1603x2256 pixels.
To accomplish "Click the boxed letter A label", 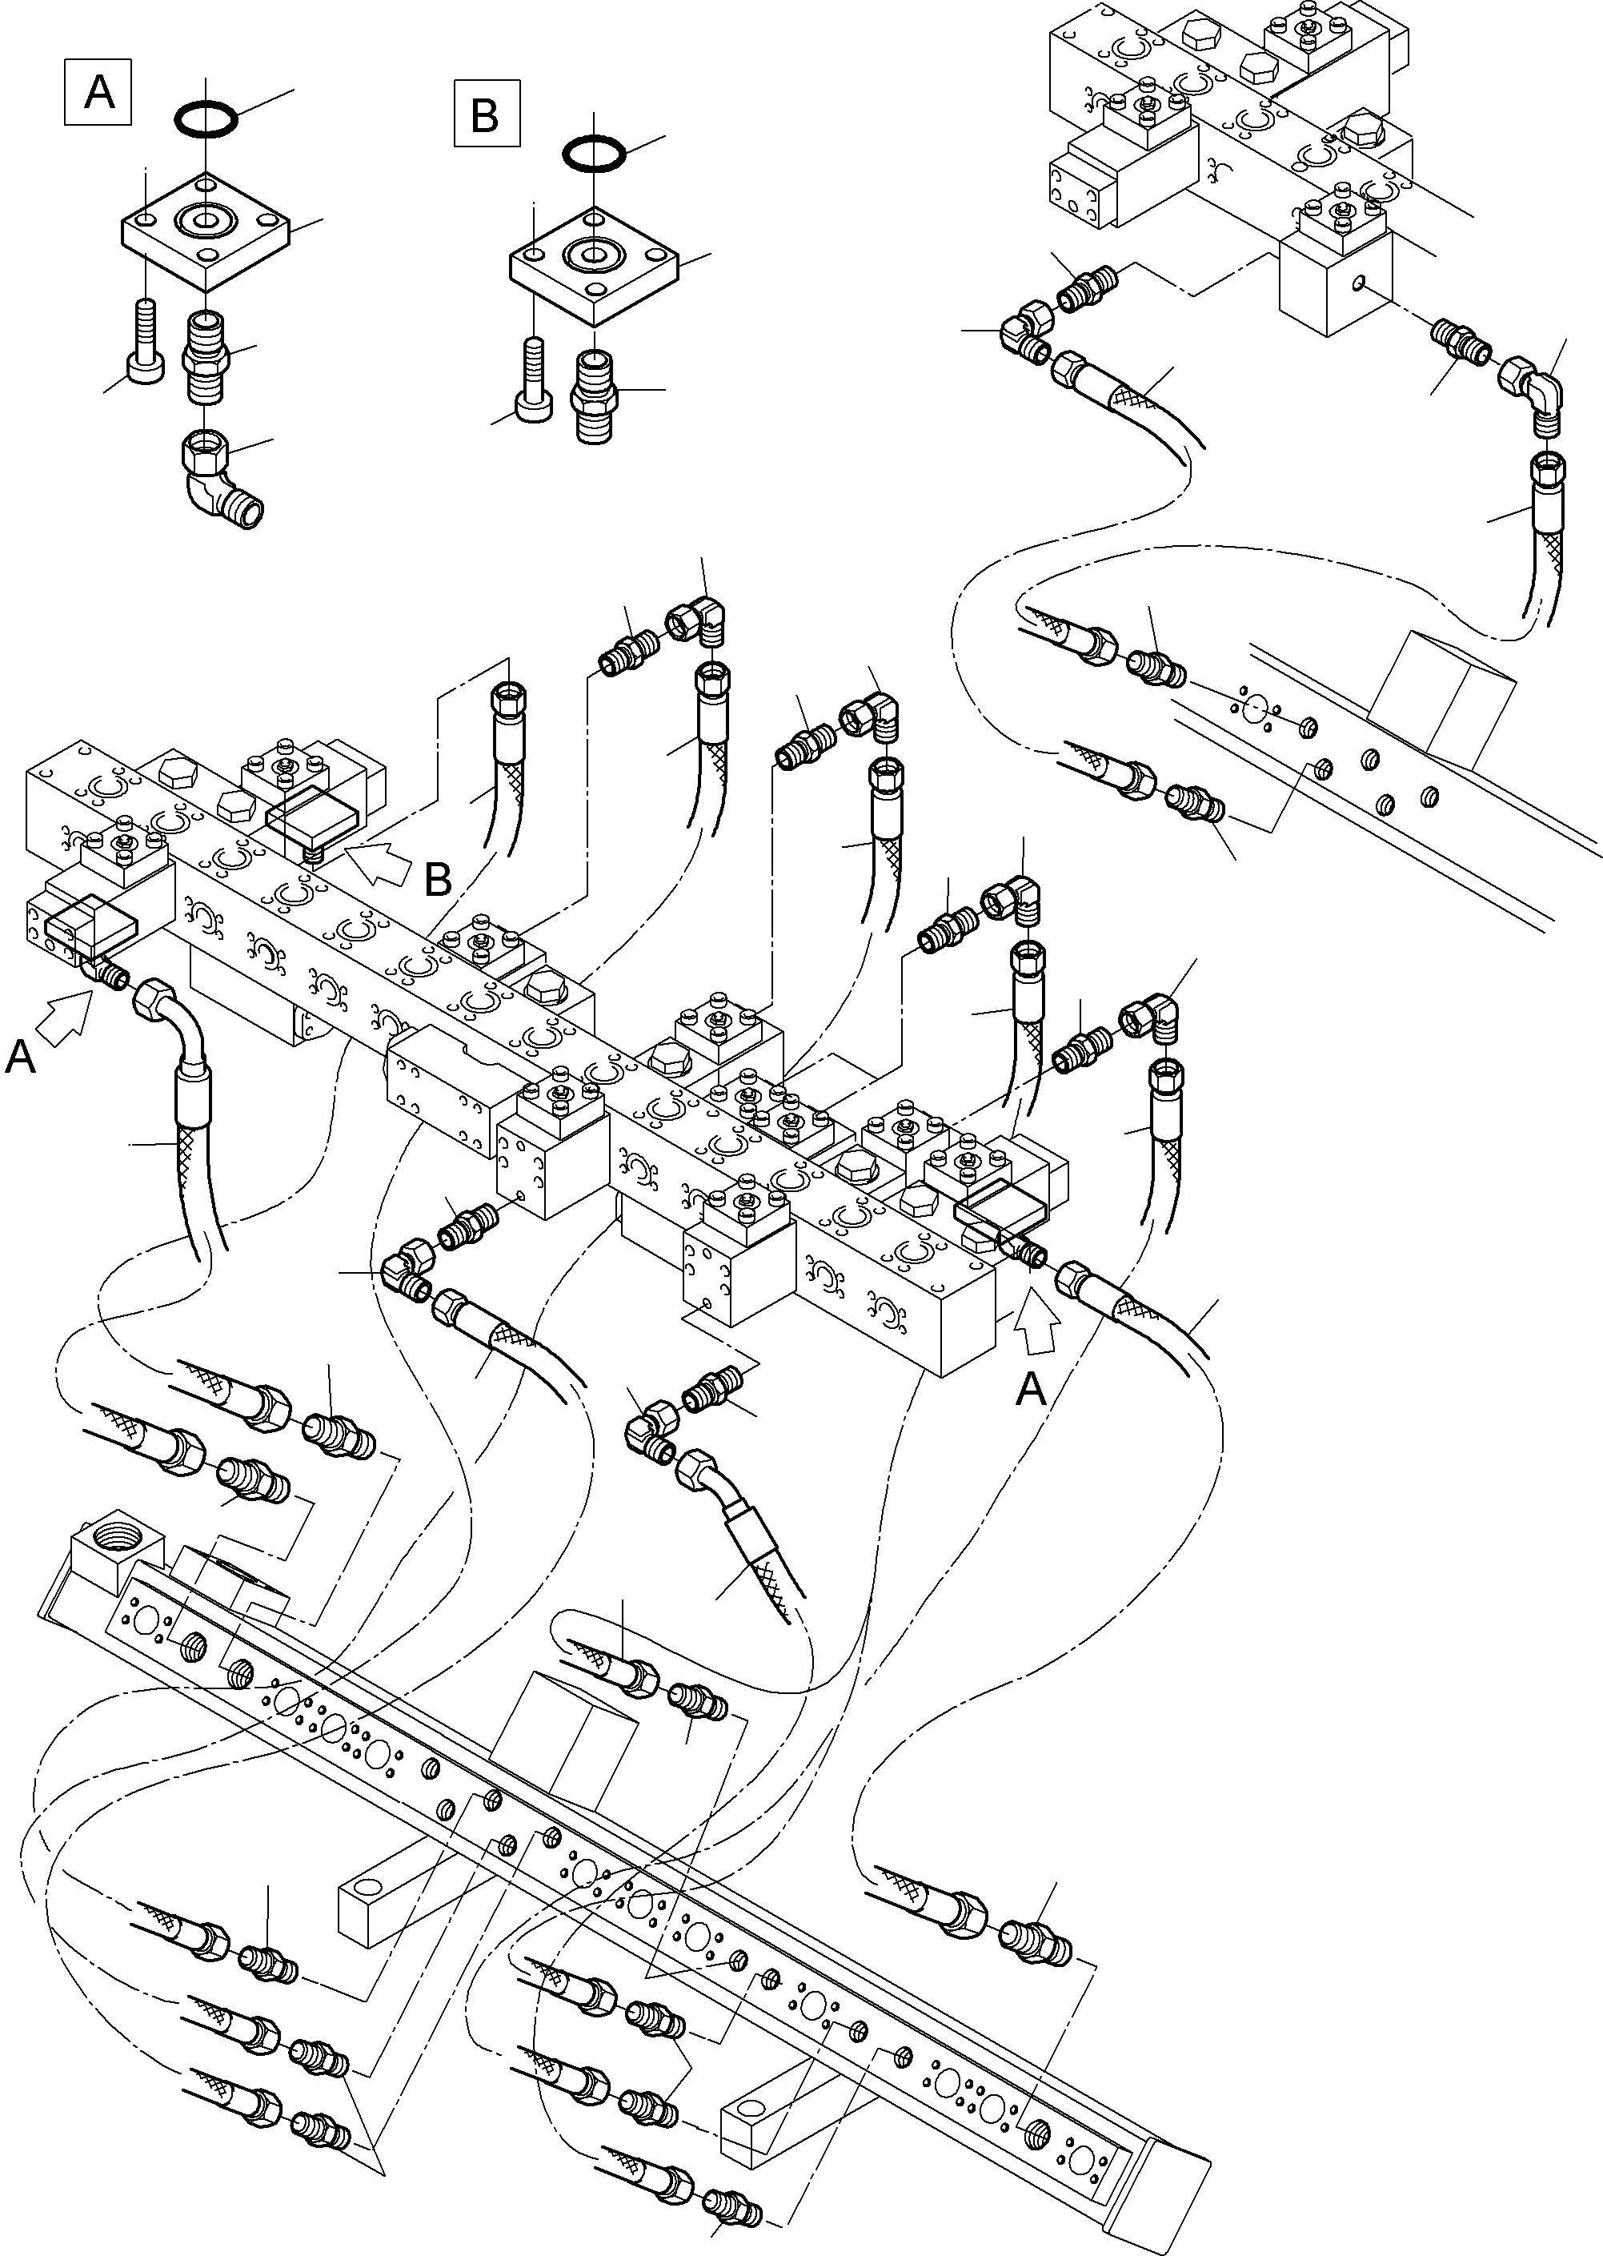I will pyautogui.click(x=98, y=93).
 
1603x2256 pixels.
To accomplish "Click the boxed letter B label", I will pyautogui.click(x=486, y=114).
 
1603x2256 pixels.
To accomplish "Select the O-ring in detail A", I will pyautogui.click(x=206, y=120).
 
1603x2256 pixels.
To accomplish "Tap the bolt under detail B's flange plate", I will pyautogui.click(x=534, y=384).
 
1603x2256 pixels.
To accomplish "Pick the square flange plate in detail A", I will pyautogui.click(x=206, y=231).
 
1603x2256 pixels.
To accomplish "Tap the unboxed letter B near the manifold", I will pyautogui.click(x=437, y=879).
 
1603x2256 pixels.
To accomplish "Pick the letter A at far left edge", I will pyautogui.click(x=21, y=1059).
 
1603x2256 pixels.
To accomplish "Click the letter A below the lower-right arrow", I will pyautogui.click(x=1031, y=1390).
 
